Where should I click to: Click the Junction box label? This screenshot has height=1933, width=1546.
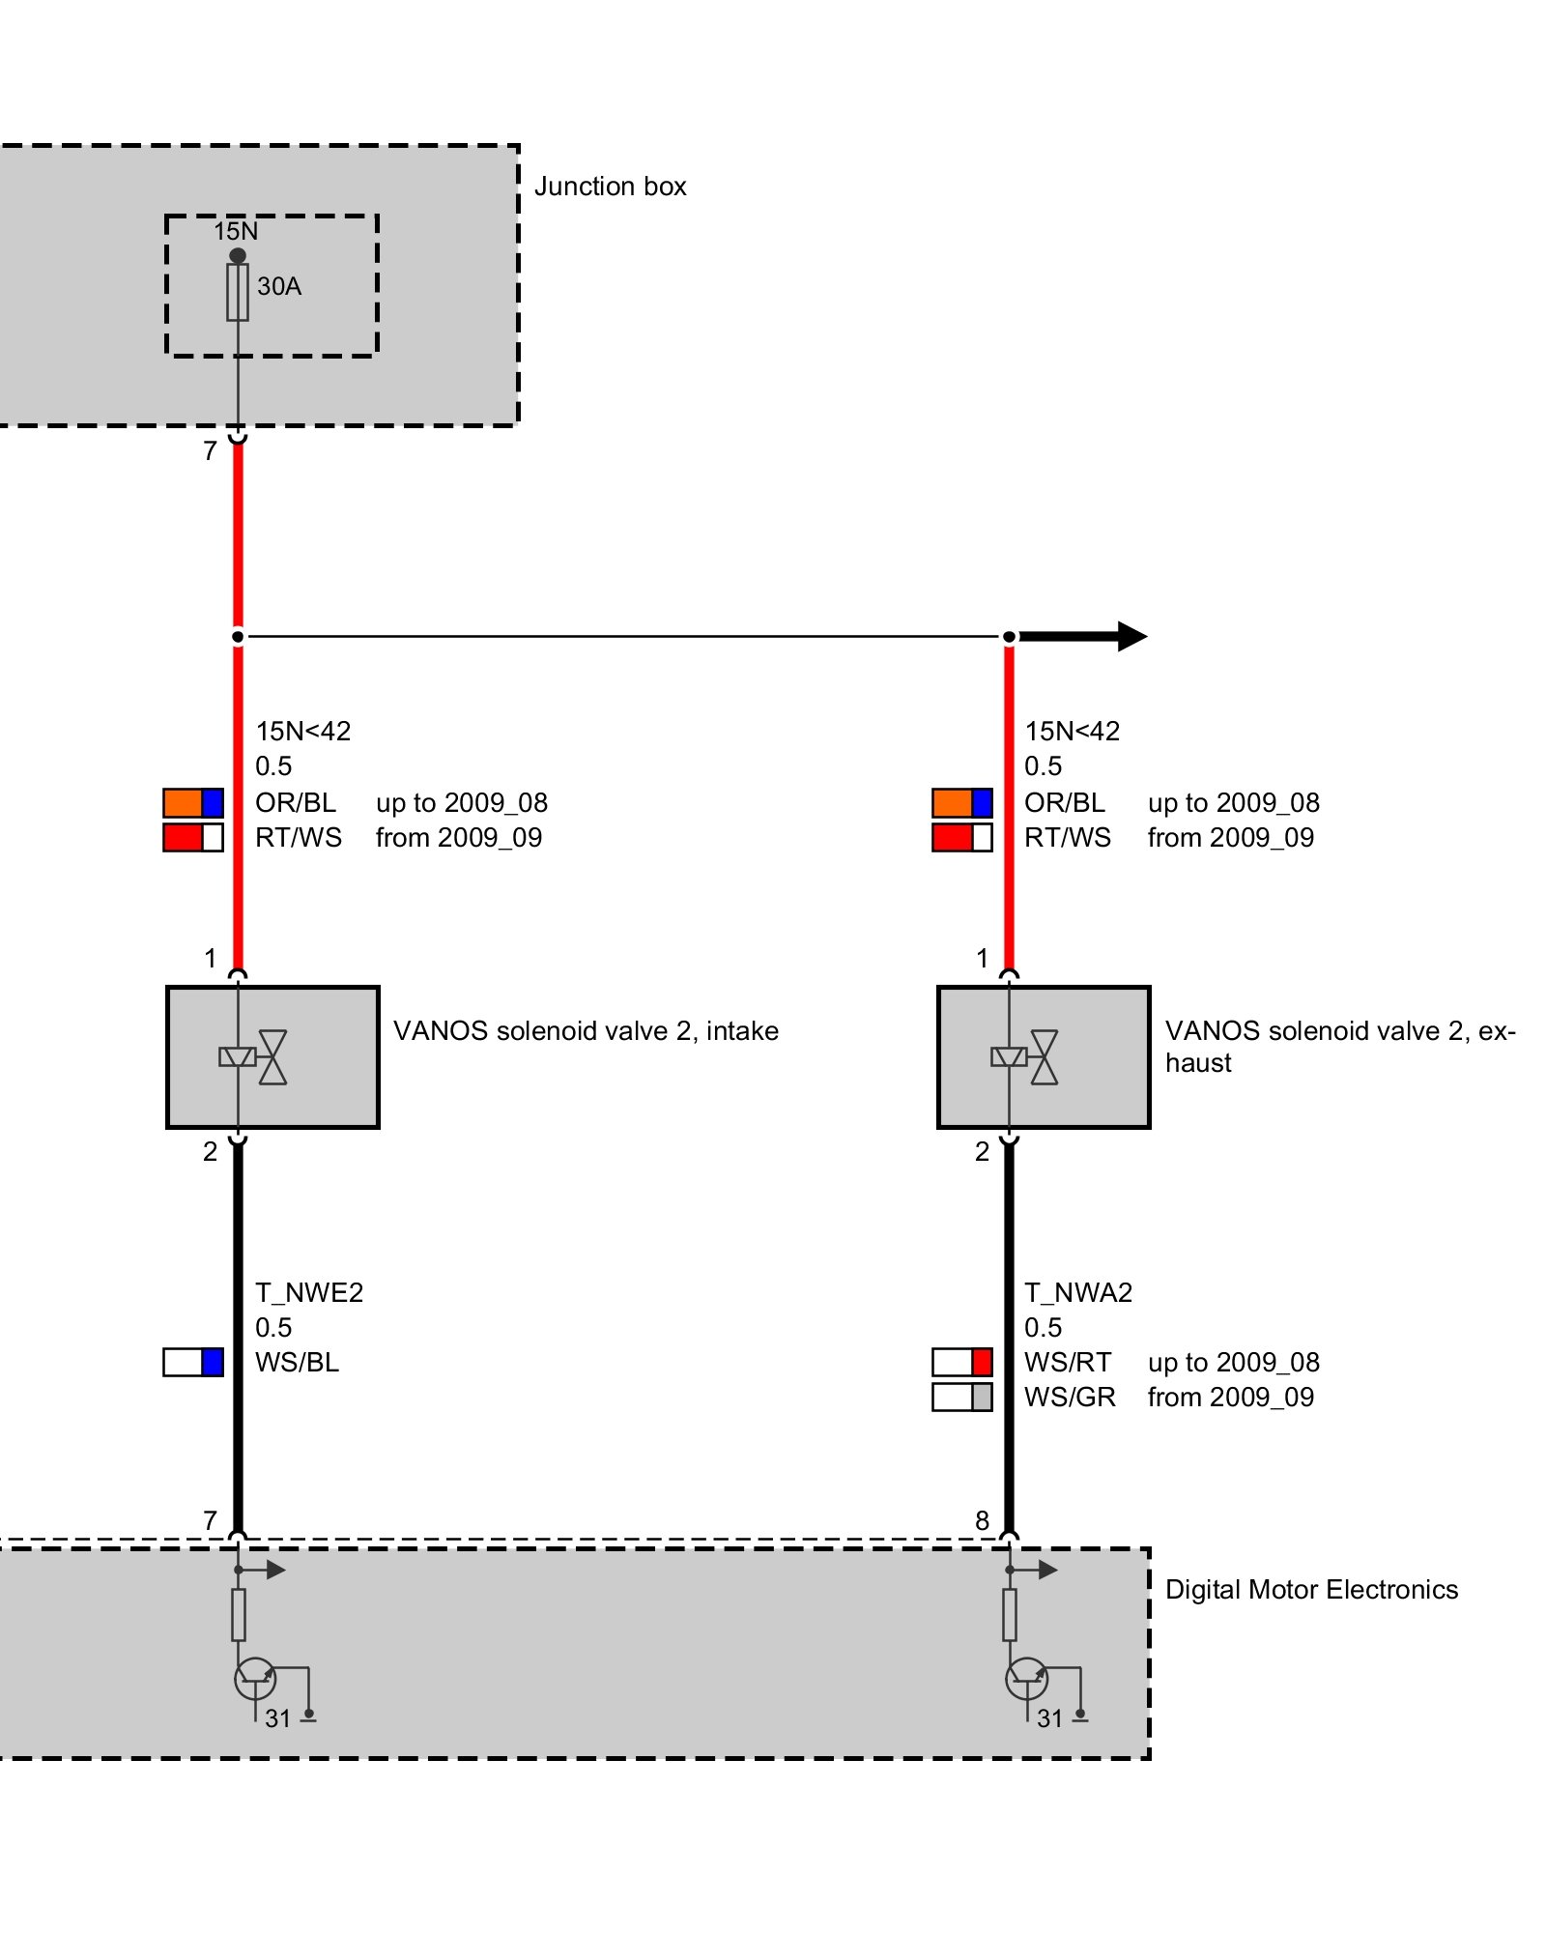coord(610,187)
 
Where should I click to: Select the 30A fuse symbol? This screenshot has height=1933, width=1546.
coord(238,292)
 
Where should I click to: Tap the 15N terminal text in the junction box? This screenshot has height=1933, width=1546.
coord(236,232)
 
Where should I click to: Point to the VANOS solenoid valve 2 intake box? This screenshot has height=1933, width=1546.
coord(272,1056)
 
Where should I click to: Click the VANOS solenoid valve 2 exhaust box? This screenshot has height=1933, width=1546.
coord(1044,1056)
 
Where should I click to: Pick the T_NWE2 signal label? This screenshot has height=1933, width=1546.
coord(309,1292)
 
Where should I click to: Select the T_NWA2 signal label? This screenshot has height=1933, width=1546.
coord(1078,1292)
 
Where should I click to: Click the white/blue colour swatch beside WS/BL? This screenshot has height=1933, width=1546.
coord(193,1362)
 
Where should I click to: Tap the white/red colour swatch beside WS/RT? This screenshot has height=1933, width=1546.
coord(962,1362)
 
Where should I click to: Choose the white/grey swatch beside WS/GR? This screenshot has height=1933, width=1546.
coord(962,1397)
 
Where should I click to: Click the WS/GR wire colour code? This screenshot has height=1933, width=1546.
coord(1070,1397)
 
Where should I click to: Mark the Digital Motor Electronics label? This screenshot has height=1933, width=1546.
coord(1311,1590)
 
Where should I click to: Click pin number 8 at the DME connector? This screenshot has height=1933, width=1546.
coord(982,1520)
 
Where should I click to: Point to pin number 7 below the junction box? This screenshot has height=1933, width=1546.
coord(210,451)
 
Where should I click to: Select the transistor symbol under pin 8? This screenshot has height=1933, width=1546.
coord(1026,1679)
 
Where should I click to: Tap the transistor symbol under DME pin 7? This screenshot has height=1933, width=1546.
coord(255,1679)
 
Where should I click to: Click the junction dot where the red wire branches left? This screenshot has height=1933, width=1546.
coord(238,636)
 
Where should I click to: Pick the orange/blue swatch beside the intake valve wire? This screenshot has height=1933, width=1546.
coord(193,802)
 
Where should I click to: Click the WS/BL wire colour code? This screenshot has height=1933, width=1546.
coord(297,1362)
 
